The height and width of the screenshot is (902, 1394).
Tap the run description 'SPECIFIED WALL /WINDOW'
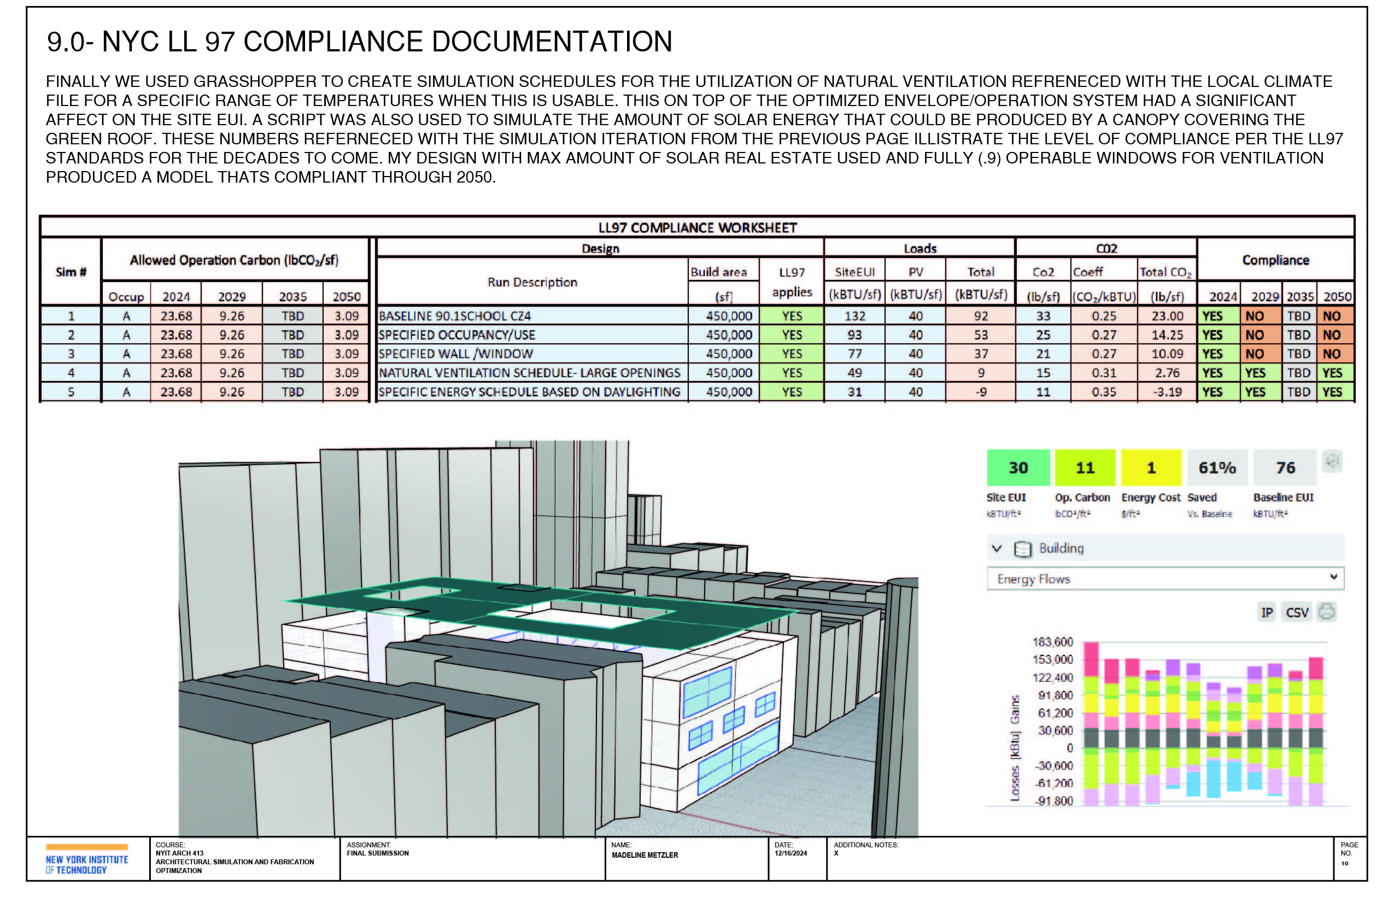pos(456,354)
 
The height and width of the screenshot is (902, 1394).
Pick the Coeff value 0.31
pos(1104,372)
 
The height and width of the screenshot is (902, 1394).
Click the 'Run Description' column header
pos(532,282)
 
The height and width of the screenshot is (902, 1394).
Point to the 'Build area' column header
pos(718,272)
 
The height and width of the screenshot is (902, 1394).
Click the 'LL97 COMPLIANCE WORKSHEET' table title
pos(697,227)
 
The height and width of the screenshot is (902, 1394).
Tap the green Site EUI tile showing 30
pos(1018,467)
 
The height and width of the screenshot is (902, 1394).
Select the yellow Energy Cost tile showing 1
pos(1151,467)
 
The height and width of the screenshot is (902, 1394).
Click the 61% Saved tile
pos(1216,467)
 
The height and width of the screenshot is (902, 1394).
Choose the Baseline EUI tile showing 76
pos(1285,467)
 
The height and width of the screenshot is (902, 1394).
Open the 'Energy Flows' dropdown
pos(1165,579)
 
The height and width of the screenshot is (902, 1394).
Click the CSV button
pos(1297,613)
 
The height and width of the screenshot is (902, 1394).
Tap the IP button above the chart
pos(1266,613)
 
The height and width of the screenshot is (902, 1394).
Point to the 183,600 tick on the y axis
pos(1052,642)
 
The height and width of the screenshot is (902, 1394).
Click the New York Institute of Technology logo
pos(87,859)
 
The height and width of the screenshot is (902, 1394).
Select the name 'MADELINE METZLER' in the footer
pos(645,855)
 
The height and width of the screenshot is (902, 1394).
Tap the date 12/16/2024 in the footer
pos(790,853)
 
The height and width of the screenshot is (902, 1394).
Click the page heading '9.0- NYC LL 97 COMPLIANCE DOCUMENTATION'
pos(359,42)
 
